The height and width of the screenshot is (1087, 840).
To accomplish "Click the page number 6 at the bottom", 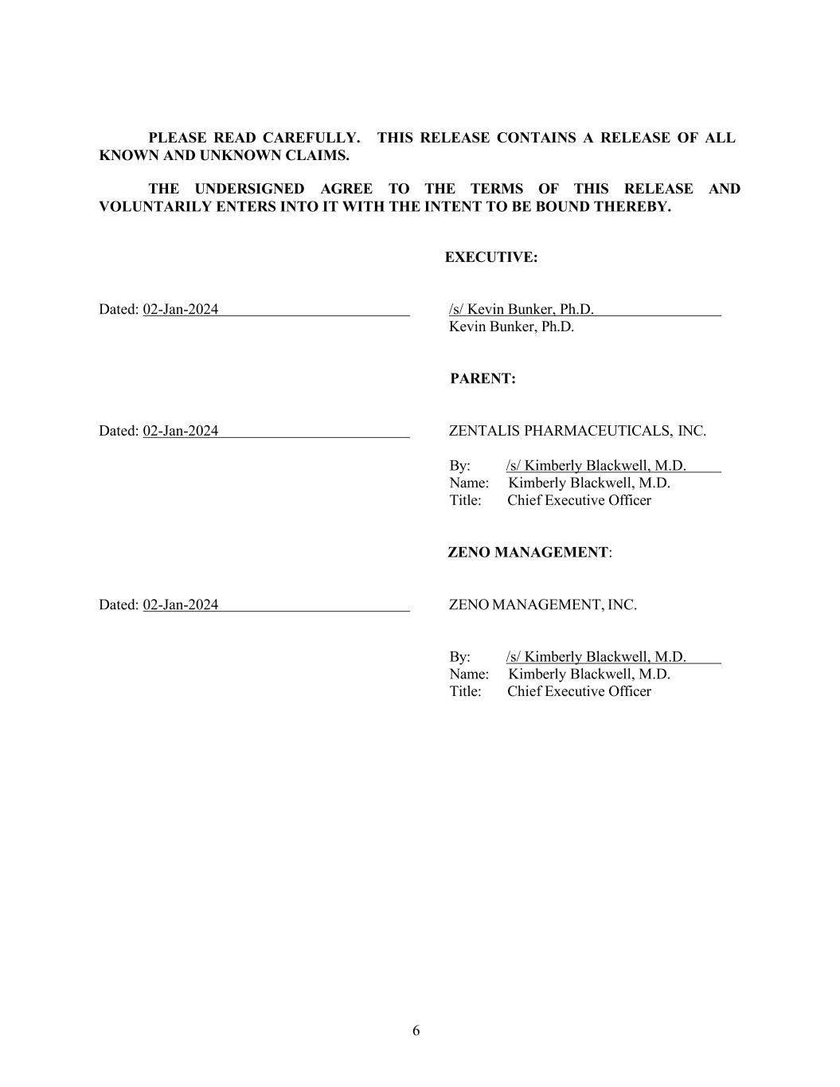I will (416, 1030).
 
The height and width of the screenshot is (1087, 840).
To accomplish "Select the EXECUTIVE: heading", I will (490, 257).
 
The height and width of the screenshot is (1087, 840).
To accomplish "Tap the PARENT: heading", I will (483, 379).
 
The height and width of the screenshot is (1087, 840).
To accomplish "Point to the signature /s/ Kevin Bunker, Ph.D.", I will (522, 309).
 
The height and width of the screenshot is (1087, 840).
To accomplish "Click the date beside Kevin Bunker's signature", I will (180, 309).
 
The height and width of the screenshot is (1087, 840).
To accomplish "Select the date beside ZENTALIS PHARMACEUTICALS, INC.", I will (180, 431).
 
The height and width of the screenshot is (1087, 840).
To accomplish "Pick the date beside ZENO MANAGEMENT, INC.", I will (180, 604).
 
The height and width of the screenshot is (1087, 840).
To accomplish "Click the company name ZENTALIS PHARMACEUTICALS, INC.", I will (577, 431).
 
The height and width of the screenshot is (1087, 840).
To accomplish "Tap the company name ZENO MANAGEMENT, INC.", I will (543, 604).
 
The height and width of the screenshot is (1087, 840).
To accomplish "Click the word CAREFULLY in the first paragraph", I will (307, 138).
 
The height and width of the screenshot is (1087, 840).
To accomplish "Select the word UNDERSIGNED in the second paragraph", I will (249, 189).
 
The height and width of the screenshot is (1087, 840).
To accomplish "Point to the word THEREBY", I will (632, 206).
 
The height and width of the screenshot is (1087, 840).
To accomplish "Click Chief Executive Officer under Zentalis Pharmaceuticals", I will (579, 500).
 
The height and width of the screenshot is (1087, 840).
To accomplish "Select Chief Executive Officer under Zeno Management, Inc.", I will (579, 691).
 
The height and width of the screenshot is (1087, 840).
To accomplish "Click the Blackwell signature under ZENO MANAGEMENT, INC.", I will (596, 657).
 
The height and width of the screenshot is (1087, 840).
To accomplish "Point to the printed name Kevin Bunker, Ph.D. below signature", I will (511, 326).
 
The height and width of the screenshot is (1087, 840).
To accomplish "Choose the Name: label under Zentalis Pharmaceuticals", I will (468, 483).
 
